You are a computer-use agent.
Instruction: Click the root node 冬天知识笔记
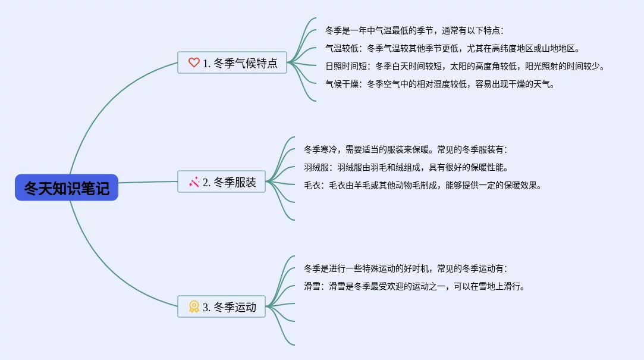(67, 187)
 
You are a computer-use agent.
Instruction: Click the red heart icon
(194, 62)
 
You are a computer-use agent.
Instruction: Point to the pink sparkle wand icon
(194, 182)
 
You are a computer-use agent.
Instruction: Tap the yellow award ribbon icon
(194, 307)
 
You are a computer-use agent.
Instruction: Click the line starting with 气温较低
(452, 48)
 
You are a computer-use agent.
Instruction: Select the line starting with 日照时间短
(464, 66)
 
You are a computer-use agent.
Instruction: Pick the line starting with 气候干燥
(439, 84)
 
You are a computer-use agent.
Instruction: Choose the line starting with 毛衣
(423, 185)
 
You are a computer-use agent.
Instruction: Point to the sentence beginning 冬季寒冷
(405, 149)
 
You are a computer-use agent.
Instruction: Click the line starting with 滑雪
(414, 286)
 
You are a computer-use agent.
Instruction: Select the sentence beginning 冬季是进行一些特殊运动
(405, 268)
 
